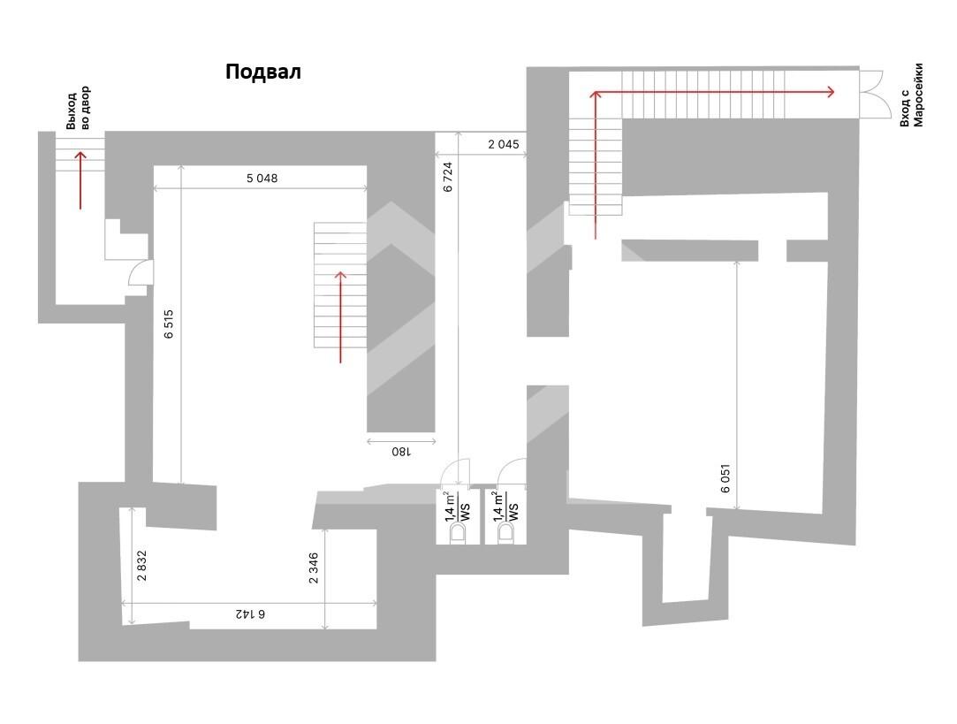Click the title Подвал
[263, 72]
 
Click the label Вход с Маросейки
[912, 95]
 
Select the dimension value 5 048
[262, 179]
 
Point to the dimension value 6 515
[169, 324]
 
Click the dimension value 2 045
[504, 144]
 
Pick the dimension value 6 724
[448, 177]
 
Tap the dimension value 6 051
[725, 478]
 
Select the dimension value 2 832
[141, 565]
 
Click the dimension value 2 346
[314, 568]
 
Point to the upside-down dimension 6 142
[248, 613]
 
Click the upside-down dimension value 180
[401, 452]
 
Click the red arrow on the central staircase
[340, 316]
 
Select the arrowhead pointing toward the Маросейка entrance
[830, 92]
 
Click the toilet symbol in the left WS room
[457, 533]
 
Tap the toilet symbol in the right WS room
[506, 533]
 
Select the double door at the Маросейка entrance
[871, 94]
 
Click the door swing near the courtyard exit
[139, 273]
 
